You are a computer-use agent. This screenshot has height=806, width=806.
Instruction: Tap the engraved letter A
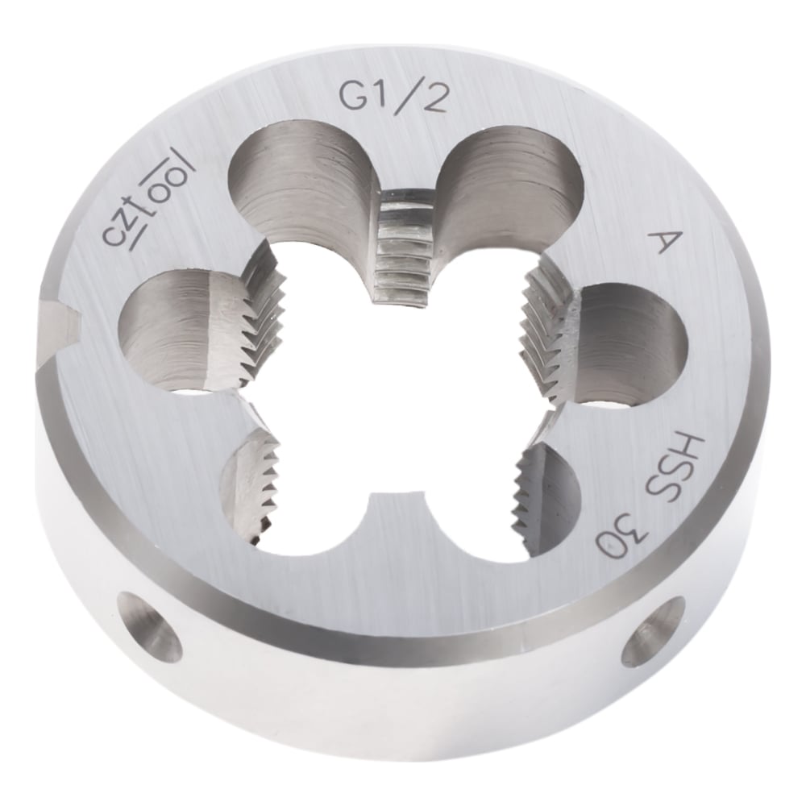click(663, 240)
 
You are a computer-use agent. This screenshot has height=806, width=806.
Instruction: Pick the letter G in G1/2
click(354, 95)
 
